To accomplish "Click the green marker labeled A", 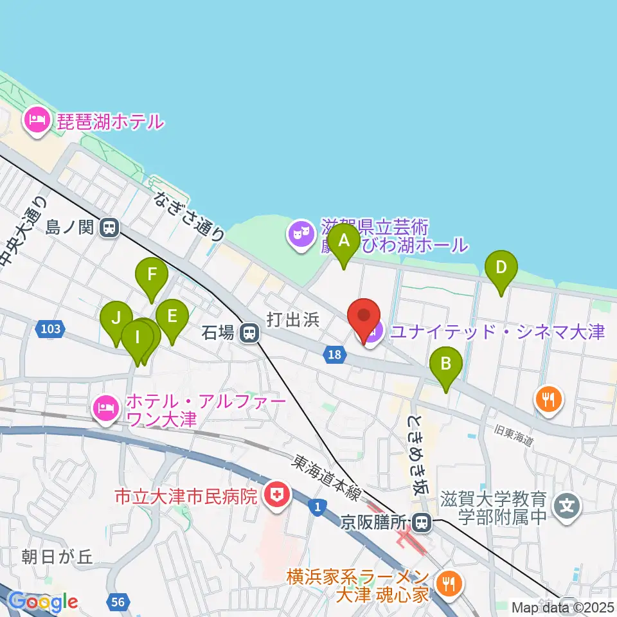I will tap(344, 242).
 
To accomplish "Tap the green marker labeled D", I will tap(501, 267).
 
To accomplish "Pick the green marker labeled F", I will tap(152, 275).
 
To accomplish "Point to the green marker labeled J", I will tap(116, 317).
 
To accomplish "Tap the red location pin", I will tap(364, 317).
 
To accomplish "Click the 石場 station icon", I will tap(248, 333).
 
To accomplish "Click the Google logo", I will tap(44, 602).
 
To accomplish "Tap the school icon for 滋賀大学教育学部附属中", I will tap(567, 506).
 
